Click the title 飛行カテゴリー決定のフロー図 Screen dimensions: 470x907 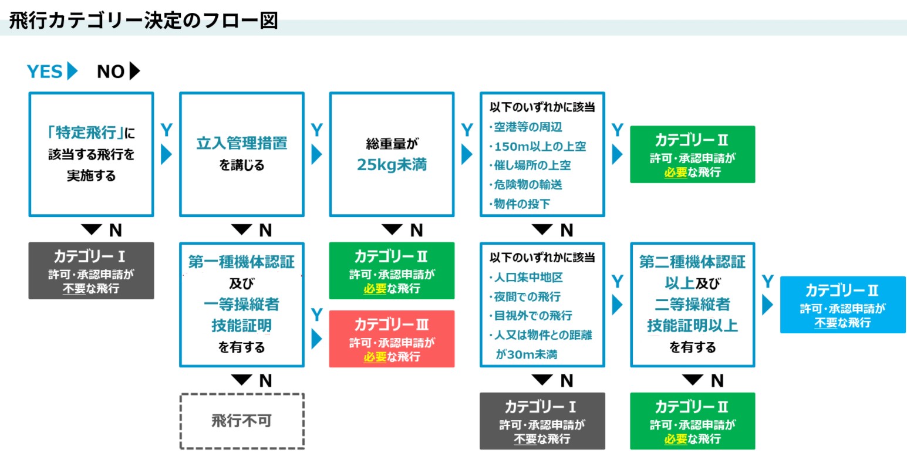[x=143, y=21]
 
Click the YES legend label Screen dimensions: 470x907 [x=45, y=72]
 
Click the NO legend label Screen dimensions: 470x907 [x=111, y=72]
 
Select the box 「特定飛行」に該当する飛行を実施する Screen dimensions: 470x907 [x=91, y=154]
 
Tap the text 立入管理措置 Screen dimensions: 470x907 [x=241, y=143]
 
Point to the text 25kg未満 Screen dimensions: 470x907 [x=392, y=165]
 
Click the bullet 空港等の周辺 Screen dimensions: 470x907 [x=528, y=127]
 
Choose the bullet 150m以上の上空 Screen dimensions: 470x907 [x=540, y=146]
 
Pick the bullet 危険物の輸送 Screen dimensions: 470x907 [x=528, y=184]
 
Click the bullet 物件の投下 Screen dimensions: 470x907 [x=522, y=204]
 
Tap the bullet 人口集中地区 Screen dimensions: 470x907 [x=528, y=277]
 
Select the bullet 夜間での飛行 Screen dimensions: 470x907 [x=527, y=296]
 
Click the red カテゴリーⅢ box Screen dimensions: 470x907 [x=392, y=339]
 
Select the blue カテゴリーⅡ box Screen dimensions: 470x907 [x=842, y=305]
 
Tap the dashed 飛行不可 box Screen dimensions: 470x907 [x=241, y=421]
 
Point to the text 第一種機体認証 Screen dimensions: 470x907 [x=241, y=262]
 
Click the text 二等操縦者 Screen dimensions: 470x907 [x=693, y=304]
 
